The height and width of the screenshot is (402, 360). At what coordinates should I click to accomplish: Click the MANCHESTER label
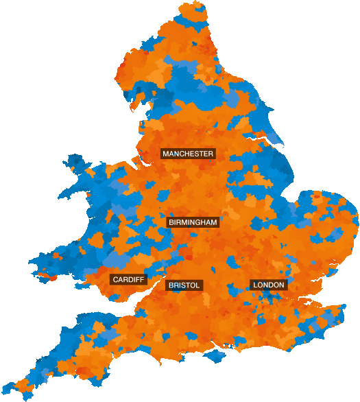pos(188,154)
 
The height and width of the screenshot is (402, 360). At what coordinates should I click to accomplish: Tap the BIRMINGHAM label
pos(193,222)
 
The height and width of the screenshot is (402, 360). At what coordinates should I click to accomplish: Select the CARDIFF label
pos(128,280)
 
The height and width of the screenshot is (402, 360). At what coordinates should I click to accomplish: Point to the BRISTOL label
pos(184,285)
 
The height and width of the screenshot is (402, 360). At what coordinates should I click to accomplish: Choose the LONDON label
pos(268,285)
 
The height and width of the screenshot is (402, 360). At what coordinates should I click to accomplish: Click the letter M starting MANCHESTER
pos(165,154)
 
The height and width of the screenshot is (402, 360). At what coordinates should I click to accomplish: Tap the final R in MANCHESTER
pos(211,154)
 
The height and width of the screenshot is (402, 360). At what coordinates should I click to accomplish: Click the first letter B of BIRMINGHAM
pos(171,222)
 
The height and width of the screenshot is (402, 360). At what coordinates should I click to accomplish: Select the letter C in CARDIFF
pos(115,280)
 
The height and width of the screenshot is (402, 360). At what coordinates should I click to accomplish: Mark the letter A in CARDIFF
pos(121,280)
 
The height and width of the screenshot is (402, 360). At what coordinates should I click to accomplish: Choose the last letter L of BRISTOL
pos(197,285)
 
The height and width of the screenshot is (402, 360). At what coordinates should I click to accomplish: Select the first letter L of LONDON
pos(255,285)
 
